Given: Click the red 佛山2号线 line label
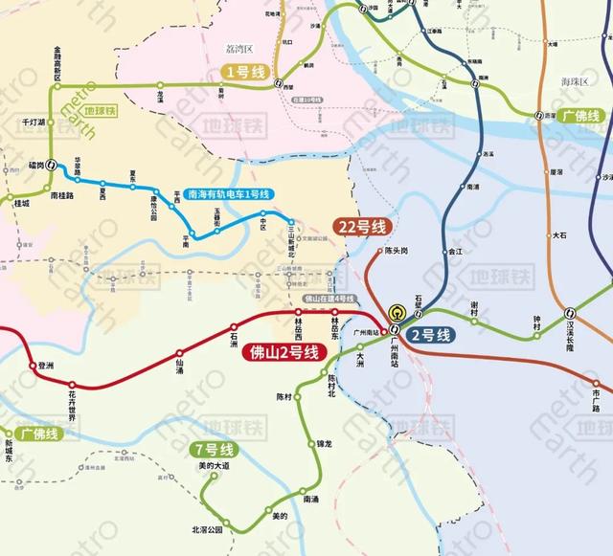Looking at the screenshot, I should click(x=285, y=350).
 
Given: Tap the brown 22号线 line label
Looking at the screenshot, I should click(x=364, y=227).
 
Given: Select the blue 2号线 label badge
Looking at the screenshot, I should click(x=430, y=335).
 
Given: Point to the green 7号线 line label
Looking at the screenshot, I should click(x=213, y=449).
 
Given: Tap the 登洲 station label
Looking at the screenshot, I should click(x=45, y=367).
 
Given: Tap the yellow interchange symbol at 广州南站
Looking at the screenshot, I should click(x=397, y=312).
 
